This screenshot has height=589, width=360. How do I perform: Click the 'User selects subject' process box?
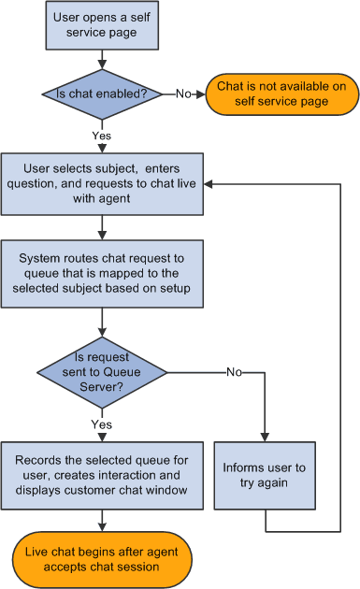100,183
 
